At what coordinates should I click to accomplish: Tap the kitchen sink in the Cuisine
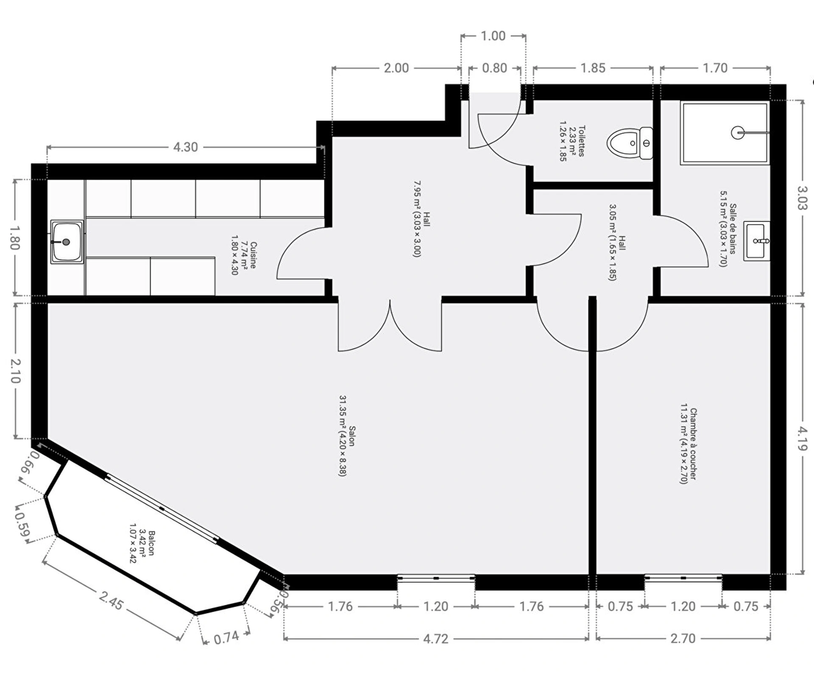pyautogui.click(x=67, y=242)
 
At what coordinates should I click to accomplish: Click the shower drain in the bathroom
pyautogui.click(x=738, y=133)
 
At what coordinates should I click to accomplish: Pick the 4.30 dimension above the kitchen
pyautogui.click(x=185, y=147)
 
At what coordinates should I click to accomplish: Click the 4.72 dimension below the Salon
pyautogui.click(x=435, y=639)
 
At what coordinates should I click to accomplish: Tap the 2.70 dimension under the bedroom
pyautogui.click(x=683, y=638)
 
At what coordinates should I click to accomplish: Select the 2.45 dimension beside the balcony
pyautogui.click(x=112, y=601)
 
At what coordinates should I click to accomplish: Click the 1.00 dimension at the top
pyautogui.click(x=493, y=36)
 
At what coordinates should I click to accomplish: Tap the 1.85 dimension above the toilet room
pyautogui.click(x=593, y=68)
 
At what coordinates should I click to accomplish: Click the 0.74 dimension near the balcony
pyautogui.click(x=226, y=638)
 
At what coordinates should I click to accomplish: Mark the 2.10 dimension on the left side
pyautogui.click(x=15, y=371)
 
